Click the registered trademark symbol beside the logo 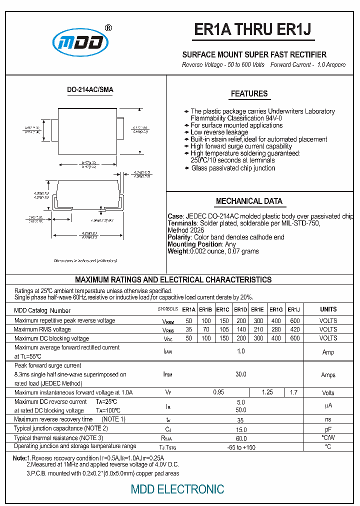[x=108, y=28]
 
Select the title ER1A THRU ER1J [x=253, y=30]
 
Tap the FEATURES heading [x=249, y=94]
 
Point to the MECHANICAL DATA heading [x=249, y=201]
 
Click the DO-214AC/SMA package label [x=90, y=90]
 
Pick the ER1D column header [x=240, y=310]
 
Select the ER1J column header [x=294, y=310]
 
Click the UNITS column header [x=328, y=309]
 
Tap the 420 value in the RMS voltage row [x=295, y=329]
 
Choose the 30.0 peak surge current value [x=241, y=374]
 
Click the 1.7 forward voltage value [x=294, y=392]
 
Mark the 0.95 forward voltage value [x=218, y=392]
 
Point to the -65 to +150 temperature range [x=241, y=447]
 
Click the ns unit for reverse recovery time [x=328, y=420]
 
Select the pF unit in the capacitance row [x=328, y=429]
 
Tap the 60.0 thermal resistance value [x=241, y=438]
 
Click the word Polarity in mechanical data [x=179, y=237]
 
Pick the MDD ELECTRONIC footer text [x=177, y=489]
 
